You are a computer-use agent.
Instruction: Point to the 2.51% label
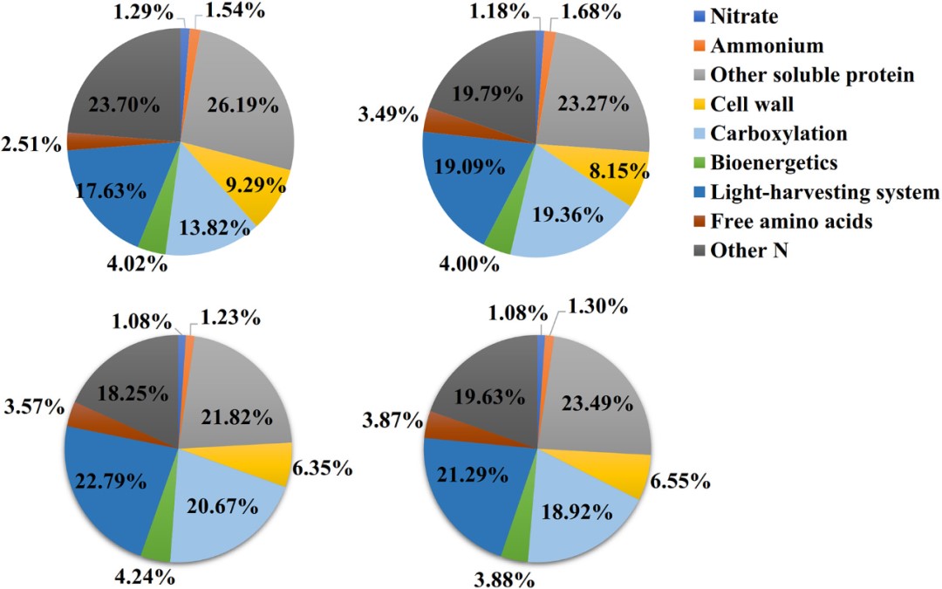[x=31, y=143]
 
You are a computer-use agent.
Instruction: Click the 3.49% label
[x=387, y=115]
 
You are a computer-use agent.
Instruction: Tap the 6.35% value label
[x=324, y=469]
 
